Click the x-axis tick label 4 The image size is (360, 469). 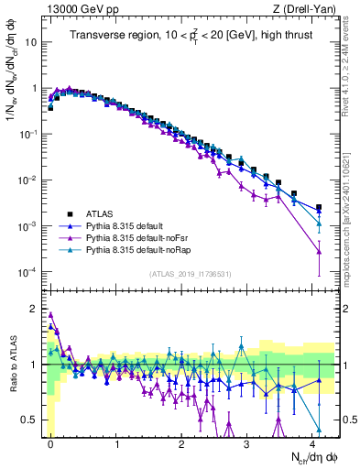click(313, 442)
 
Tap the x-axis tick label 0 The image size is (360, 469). click(50, 442)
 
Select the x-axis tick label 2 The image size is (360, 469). click(182, 442)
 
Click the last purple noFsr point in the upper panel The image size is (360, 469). click(319, 251)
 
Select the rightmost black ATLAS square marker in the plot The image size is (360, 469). click(319, 208)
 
